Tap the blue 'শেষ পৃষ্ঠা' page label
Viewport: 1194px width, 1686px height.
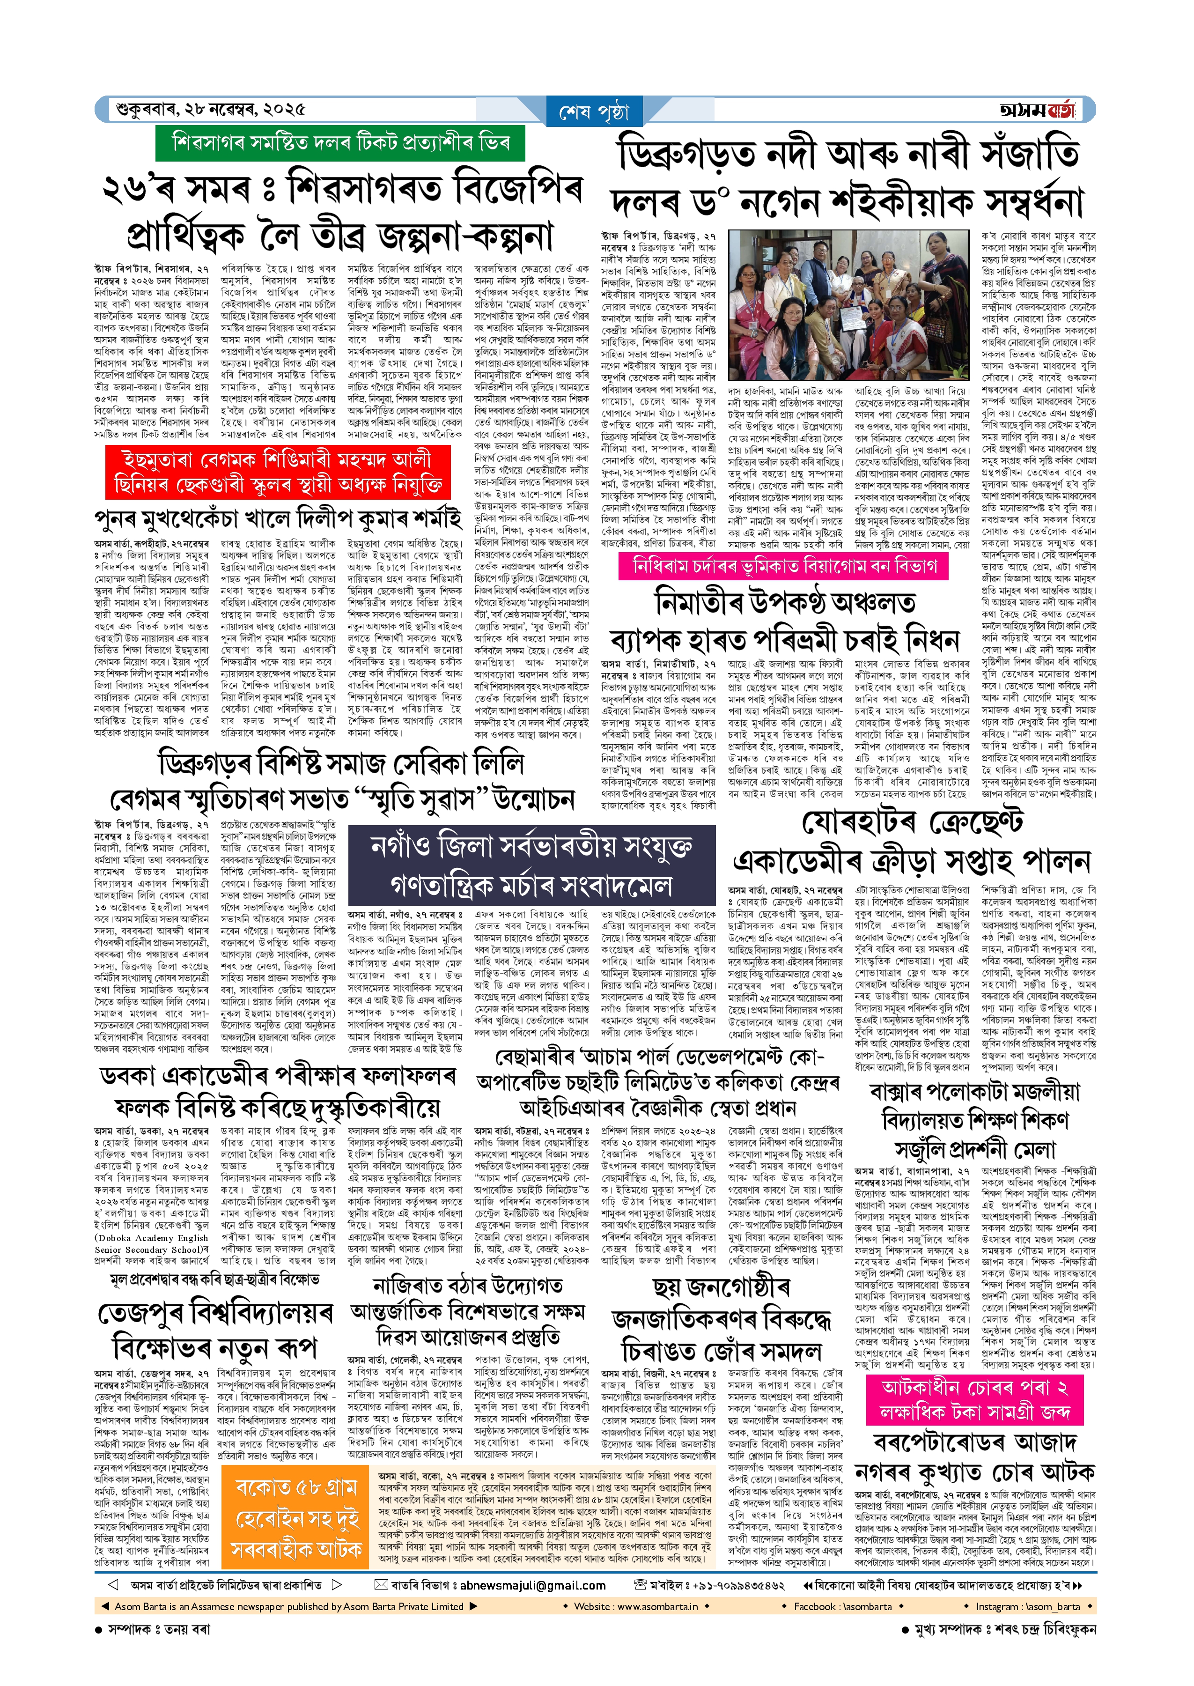[594, 112]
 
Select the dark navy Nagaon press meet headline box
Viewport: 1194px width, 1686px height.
[531, 865]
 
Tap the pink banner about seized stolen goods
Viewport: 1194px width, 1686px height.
[974, 1400]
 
